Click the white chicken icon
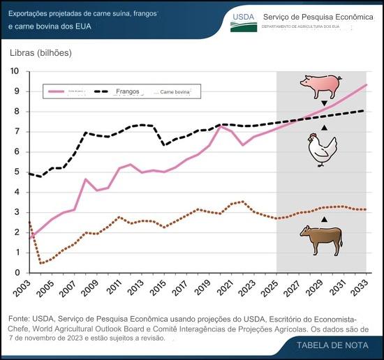[x=323, y=149]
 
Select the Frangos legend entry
[x=127, y=91]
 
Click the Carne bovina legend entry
[x=179, y=92]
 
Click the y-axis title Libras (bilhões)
[x=40, y=52]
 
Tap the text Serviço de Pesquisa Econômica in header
[x=317, y=17]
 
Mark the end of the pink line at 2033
[x=367, y=84]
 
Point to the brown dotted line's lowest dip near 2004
[x=41, y=263]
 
